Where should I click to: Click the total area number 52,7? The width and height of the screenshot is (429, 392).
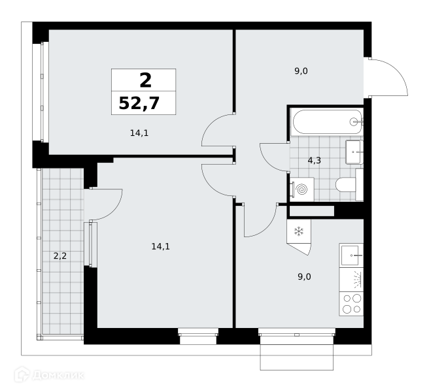click(139, 103)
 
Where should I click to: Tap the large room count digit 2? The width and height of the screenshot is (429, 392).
click(145, 80)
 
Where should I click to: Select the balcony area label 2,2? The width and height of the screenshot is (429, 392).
click(60, 256)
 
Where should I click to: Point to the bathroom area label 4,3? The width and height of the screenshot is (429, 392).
click(315, 161)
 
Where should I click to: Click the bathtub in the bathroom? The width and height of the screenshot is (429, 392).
click(328, 122)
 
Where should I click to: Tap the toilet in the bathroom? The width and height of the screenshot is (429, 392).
click(349, 185)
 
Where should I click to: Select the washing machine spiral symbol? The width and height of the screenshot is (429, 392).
click(302, 189)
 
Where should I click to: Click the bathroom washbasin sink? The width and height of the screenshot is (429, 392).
click(354, 152)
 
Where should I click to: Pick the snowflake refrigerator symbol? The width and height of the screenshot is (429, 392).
click(299, 231)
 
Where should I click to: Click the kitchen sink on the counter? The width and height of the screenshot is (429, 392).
click(351, 255)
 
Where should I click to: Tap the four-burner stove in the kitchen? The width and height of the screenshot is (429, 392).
click(351, 304)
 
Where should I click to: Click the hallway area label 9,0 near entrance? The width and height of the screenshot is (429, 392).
click(301, 71)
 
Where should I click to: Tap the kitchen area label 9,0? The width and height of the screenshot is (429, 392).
click(304, 277)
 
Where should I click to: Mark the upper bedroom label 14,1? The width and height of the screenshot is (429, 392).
click(139, 133)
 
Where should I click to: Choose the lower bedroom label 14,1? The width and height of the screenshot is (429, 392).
click(161, 247)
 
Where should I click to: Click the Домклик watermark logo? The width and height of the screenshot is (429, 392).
click(49, 375)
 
